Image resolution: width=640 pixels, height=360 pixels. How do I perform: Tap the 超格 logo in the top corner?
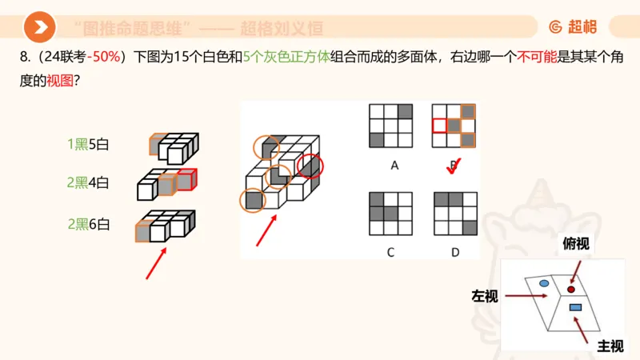pos(573,27)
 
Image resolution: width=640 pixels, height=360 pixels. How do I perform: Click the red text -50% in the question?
pos(104,58)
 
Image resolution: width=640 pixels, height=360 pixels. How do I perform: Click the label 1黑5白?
pos(87,144)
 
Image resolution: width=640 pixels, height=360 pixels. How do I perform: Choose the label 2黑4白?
pos(87,182)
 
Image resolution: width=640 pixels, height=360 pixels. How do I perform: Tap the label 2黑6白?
pos(87,224)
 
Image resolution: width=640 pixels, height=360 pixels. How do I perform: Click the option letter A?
pos(394,166)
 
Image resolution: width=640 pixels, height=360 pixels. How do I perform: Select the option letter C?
pos(390,252)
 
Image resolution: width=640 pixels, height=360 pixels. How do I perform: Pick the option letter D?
pos(454,252)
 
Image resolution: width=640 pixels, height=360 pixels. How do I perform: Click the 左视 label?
pos(485,297)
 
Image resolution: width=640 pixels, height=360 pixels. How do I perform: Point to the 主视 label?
pos(610,346)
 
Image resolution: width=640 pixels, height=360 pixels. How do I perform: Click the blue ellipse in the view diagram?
pos(544,284)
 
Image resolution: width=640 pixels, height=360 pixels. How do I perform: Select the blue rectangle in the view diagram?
pos(574,307)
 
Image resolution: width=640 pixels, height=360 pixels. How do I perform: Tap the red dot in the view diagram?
pos(571,289)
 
